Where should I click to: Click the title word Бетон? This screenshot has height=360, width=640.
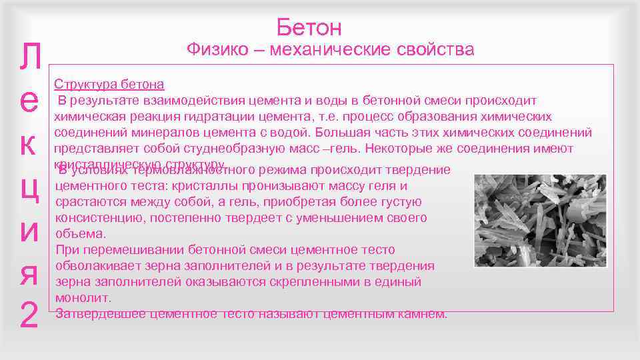pos(309,28)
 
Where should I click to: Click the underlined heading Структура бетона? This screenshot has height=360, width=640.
pos(109,85)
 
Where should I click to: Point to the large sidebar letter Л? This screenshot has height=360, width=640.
pos(29,60)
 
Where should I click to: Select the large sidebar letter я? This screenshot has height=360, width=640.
pos(29,273)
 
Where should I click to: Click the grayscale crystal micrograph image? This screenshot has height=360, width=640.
pos(540,221)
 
